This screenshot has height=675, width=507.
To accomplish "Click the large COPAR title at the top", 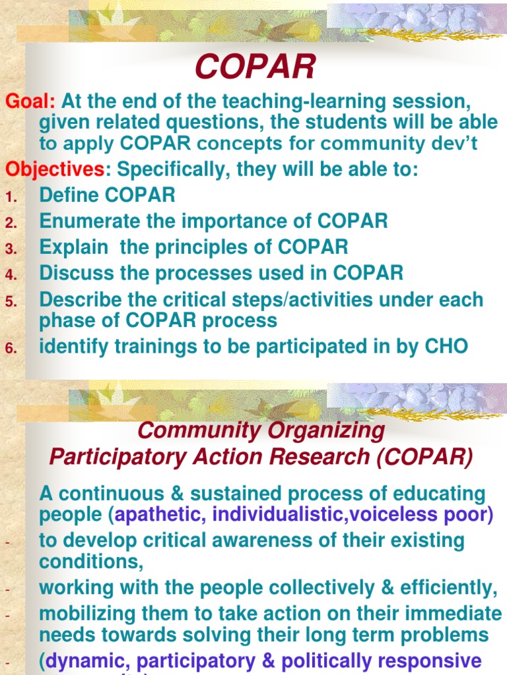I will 255,68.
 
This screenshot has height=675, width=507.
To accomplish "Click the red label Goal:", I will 30,102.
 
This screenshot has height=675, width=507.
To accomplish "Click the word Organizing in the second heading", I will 321,431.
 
